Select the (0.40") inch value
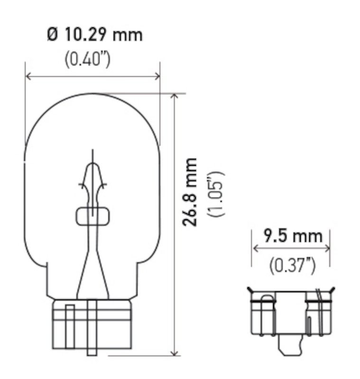[x=87, y=60]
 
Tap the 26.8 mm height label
[x=191, y=192]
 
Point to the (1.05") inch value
[x=216, y=194]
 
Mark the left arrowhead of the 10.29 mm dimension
[x=28, y=76]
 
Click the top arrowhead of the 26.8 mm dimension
[x=175, y=96]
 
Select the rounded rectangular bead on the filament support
[x=92, y=216]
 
